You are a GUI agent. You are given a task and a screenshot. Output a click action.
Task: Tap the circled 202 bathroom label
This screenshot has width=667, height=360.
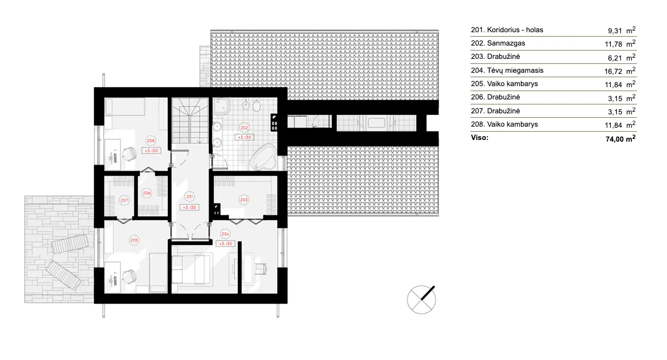pyautogui.click(x=244, y=126)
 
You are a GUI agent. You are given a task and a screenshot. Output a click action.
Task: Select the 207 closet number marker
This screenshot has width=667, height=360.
pyautogui.click(x=124, y=200)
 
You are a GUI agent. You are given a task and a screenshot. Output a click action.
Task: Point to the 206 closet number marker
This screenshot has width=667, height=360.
pyautogui.click(x=147, y=193)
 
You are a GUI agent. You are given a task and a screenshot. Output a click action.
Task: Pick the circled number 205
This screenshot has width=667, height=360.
pyautogui.click(x=134, y=240)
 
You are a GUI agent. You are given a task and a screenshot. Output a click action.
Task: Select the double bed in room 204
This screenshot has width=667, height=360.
pyautogui.click(x=192, y=270)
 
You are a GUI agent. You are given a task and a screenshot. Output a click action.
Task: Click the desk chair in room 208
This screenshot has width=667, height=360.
pyautogui.click(x=130, y=152)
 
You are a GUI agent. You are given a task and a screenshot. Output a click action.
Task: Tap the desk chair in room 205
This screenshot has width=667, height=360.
pyautogui.click(x=130, y=275)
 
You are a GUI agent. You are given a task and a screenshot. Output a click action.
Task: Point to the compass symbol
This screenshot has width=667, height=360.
pyautogui.click(x=421, y=300)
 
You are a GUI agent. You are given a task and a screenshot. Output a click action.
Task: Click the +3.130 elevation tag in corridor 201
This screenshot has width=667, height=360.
pyautogui.click(x=190, y=207)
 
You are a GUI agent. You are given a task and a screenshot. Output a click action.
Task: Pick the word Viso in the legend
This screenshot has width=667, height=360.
pyautogui.click(x=480, y=137)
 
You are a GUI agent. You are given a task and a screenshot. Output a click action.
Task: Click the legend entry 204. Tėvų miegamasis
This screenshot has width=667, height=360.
pyautogui.click(x=507, y=71)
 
